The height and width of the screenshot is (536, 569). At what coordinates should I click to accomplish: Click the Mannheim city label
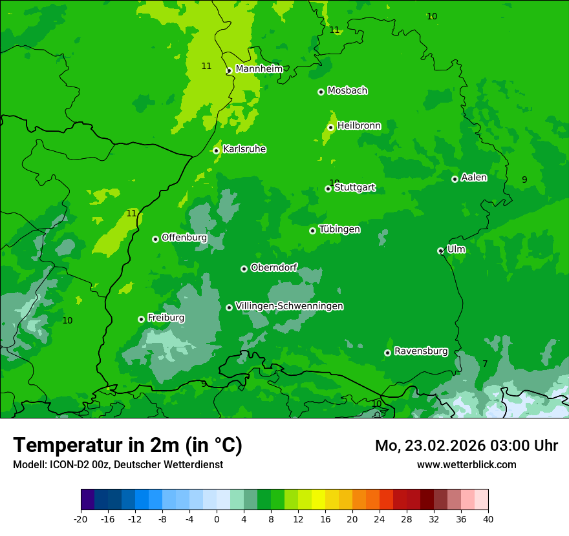click(x=259, y=69)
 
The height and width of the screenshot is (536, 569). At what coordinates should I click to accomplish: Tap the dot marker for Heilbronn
click(x=330, y=127)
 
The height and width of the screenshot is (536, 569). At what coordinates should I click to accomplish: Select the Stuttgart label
click(x=354, y=188)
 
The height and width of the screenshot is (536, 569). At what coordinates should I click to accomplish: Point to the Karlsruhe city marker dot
click(x=216, y=150)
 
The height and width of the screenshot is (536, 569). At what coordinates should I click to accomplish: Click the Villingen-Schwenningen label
click(x=289, y=306)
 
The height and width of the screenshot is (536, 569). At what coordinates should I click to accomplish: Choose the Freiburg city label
click(x=166, y=318)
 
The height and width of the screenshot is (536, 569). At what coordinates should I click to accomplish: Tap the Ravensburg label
click(x=421, y=351)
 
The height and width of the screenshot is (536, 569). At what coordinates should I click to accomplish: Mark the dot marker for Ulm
click(x=440, y=251)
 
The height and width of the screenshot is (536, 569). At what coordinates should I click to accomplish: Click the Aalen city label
click(x=474, y=178)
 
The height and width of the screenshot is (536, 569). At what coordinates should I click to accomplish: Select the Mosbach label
click(x=347, y=91)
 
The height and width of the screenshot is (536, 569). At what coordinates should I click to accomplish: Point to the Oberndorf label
click(x=274, y=267)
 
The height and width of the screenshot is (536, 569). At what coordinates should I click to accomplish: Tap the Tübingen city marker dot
click(x=312, y=231)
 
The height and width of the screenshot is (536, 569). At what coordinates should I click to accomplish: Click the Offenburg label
click(x=184, y=238)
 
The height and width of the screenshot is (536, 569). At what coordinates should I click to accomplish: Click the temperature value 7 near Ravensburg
click(x=485, y=364)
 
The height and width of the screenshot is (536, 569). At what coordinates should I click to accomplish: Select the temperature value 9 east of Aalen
click(x=524, y=180)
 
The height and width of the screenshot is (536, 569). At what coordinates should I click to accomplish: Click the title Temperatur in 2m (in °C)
click(x=127, y=446)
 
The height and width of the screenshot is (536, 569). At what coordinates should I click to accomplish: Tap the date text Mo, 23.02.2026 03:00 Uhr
click(x=466, y=446)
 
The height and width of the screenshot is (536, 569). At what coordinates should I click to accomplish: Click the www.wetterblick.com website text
click(x=466, y=464)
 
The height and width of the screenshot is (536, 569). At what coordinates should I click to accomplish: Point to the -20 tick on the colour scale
click(x=81, y=519)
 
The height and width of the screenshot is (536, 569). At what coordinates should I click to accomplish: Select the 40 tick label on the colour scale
click(x=488, y=519)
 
